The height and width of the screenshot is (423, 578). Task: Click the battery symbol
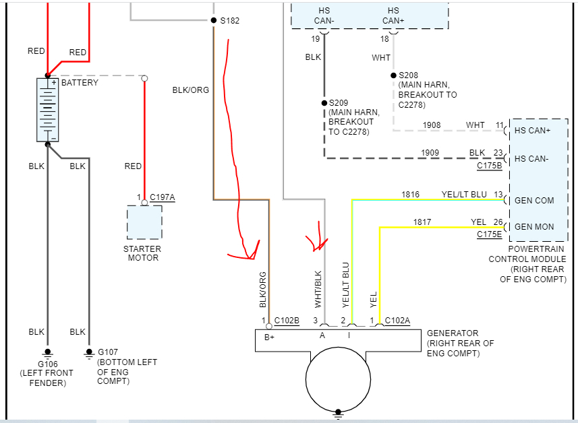47,109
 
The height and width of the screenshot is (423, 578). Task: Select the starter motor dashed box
144,222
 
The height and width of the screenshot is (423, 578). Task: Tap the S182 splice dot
214,20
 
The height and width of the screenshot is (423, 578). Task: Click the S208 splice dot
393,75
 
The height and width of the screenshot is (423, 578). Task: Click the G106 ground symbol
47,352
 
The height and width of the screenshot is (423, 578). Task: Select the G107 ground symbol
88,352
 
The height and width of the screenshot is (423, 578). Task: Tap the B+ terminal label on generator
269,337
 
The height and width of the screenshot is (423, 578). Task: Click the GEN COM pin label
534,201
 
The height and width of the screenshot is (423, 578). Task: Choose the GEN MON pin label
534,226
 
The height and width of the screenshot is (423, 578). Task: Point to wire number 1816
410,195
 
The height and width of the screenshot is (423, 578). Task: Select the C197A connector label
162,197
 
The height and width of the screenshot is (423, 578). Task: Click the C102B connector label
287,320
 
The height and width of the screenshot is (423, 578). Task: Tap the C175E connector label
490,234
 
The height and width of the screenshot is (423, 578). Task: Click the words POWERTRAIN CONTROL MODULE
527,254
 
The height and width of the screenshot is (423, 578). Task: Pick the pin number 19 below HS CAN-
315,39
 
